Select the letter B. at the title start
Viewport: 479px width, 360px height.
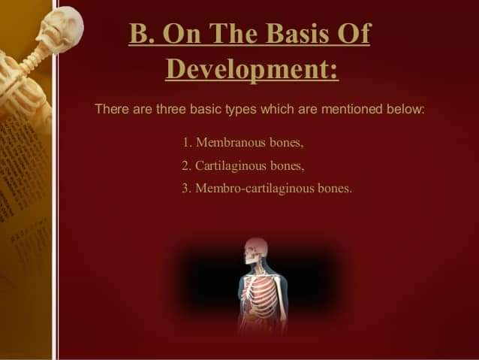pyautogui.click(x=143, y=33)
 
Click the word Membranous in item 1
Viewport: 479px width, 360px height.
pyautogui.click(x=230, y=142)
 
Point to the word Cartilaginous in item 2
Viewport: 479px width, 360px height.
pyautogui.click(x=230, y=166)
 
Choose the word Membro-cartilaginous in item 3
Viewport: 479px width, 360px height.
pyautogui.click(x=255, y=188)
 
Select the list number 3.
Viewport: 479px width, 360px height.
pyautogui.click(x=186, y=188)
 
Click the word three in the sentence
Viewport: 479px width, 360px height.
pyautogui.click(x=170, y=109)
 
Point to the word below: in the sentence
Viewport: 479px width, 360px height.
pyautogui.click(x=405, y=109)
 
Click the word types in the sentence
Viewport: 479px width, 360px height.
pyautogui.click(x=241, y=110)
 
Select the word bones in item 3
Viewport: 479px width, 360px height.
pyautogui.click(x=335, y=188)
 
